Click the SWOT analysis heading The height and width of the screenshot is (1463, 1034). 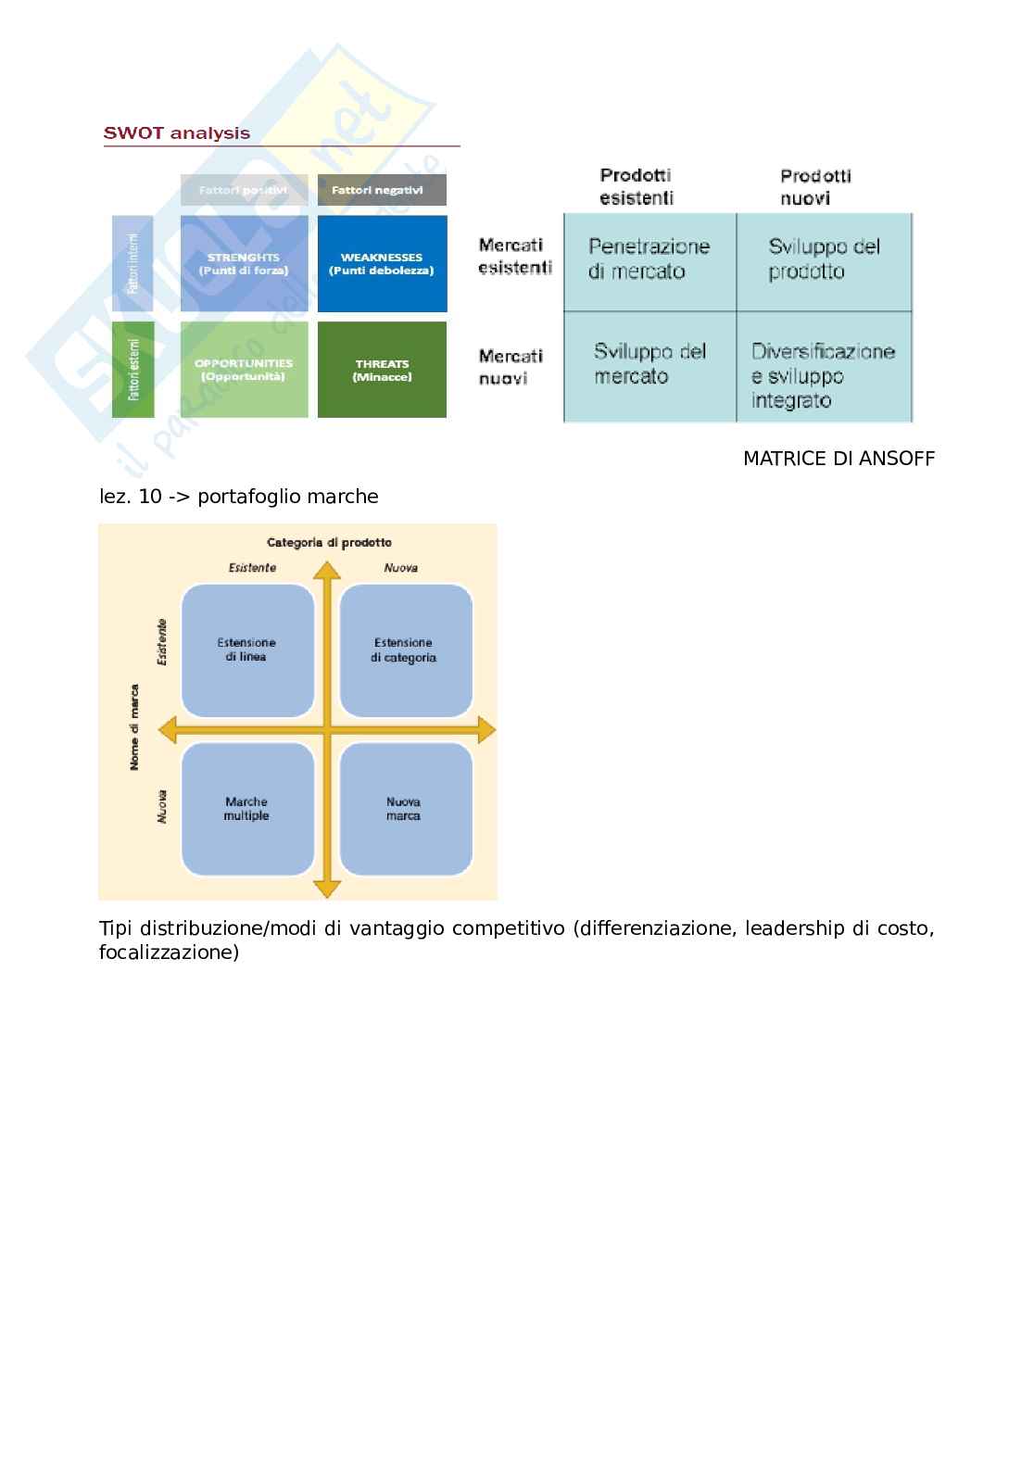coord(176,133)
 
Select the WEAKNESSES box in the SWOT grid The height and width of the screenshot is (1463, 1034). coord(382,264)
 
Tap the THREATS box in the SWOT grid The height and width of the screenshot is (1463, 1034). coord(382,370)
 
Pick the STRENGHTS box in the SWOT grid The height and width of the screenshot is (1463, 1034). coord(244,264)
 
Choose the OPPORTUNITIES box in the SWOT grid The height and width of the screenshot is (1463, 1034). coord(244,370)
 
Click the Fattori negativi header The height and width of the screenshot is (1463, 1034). coord(381,190)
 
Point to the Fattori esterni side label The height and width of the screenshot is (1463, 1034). coord(132,370)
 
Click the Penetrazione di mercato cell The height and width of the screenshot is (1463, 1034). coord(649,259)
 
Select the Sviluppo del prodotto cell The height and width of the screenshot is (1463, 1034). coord(824,259)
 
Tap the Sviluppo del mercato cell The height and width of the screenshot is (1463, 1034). coord(649,364)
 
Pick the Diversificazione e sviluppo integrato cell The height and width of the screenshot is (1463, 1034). coord(823,375)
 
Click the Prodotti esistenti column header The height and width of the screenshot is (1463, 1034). coord(636,186)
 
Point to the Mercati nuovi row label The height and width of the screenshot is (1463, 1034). coord(511,367)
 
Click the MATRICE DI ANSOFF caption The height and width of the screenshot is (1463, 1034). coord(839,459)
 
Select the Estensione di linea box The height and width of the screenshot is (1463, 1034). coord(247,650)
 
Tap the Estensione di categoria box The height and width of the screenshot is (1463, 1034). coord(405,650)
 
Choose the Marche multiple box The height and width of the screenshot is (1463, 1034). coord(247,809)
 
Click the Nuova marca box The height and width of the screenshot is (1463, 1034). coord(405,809)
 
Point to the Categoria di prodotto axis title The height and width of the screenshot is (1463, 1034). coord(329,543)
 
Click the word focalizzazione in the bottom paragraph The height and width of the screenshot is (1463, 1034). coord(169,952)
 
